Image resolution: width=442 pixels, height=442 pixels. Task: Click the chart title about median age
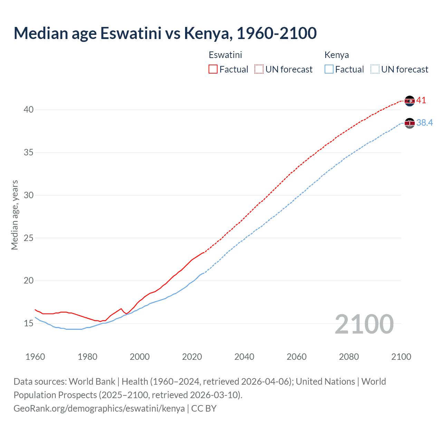point(165,33)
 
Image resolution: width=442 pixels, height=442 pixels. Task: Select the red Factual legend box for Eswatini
point(213,69)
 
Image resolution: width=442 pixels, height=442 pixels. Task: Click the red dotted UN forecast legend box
point(259,69)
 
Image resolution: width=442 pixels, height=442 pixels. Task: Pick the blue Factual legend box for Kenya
point(329,69)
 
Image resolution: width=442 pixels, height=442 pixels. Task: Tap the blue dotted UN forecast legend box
point(375,69)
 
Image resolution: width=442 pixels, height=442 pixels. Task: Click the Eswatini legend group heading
point(225,55)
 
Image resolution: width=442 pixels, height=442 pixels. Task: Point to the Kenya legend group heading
point(336,55)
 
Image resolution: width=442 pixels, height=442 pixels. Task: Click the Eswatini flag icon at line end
point(410,101)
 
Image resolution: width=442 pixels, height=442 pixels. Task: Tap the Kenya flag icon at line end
point(410,123)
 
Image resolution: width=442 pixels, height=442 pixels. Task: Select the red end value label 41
point(421,100)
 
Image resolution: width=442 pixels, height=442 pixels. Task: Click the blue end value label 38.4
point(424,123)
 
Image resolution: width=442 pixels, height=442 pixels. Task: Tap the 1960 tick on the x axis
point(35,357)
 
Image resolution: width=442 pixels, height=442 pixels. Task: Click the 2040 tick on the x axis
point(244,357)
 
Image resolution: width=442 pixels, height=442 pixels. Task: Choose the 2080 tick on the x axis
point(349,357)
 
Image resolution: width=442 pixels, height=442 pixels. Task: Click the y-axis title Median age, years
point(15,215)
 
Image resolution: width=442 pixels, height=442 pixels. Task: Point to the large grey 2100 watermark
point(364,324)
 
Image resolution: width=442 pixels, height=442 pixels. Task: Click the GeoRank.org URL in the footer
point(99,409)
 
